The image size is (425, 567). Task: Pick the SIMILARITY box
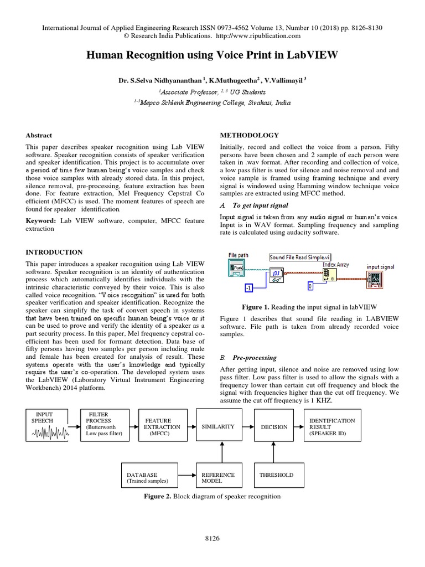[219, 427]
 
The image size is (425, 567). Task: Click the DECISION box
[275, 427]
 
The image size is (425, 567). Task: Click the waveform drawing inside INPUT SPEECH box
[48, 433]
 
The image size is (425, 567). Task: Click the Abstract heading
[39, 135]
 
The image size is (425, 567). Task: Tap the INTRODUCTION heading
[55, 252]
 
